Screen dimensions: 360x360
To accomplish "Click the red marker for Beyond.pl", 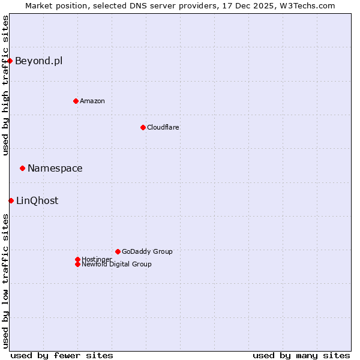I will click(10, 61).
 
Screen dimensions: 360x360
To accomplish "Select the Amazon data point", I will click(76, 101).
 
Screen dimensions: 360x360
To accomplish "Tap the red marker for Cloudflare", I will click(143, 127).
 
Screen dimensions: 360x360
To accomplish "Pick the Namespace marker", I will click(22, 168).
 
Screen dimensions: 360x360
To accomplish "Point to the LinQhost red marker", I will click(11, 200).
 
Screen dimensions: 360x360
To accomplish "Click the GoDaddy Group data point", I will click(118, 251).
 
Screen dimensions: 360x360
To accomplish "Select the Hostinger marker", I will click(77, 259).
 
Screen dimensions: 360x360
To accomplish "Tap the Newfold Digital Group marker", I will click(77, 264).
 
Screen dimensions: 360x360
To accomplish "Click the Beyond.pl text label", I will click(38, 61).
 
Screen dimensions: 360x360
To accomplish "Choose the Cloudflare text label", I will click(163, 127).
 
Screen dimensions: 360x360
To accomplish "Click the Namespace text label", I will click(55, 168).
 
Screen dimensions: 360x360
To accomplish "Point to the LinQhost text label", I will click(37, 200).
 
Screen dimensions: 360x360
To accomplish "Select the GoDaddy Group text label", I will click(147, 251).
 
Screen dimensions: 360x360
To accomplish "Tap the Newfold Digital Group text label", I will click(116, 264).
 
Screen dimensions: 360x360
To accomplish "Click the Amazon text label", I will click(92, 101).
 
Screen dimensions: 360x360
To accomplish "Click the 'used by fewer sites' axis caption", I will click(62, 355).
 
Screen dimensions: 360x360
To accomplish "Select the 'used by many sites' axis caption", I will click(301, 355).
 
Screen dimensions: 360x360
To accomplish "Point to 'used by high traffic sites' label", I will click(5, 85).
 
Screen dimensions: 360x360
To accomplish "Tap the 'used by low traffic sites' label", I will click(5, 281).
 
